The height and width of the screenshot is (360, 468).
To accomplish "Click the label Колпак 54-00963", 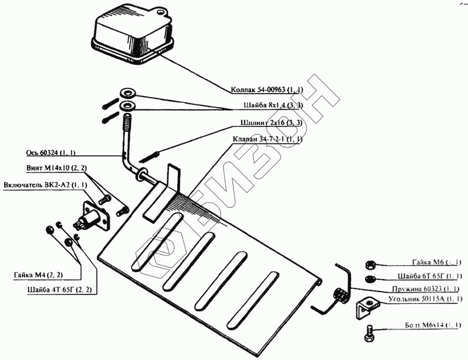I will [x=266, y=90].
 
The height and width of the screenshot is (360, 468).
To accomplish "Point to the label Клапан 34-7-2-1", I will [x=267, y=140].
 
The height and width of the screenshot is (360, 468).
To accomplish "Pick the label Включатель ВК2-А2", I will [x=46, y=185].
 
